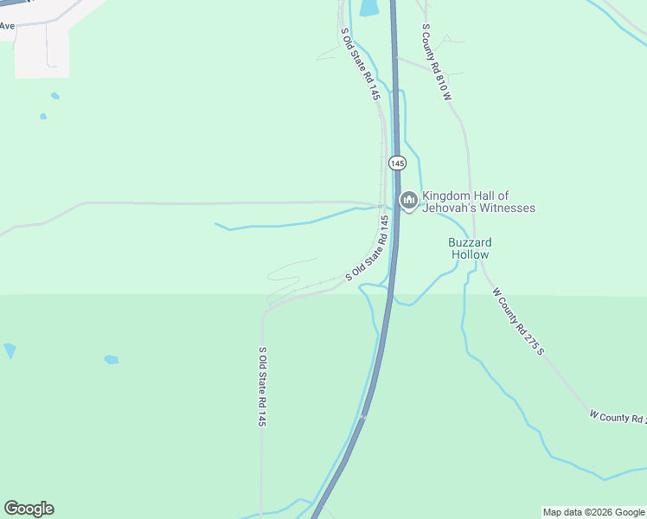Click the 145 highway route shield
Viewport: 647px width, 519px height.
397,163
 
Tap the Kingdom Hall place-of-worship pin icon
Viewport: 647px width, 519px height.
408,201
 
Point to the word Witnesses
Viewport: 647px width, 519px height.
509,208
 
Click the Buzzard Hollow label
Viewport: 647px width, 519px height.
470,248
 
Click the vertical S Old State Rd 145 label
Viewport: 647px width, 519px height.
261,387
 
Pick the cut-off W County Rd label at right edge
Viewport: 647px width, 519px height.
618,418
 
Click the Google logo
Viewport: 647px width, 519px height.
29,509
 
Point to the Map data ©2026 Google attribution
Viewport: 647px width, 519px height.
593,512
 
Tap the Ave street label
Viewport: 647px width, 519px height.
8,26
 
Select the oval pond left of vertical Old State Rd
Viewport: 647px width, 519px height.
112,359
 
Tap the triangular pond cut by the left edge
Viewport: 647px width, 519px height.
10,350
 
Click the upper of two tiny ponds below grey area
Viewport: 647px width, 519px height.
54,95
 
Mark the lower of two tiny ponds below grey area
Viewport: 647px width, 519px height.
43,116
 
